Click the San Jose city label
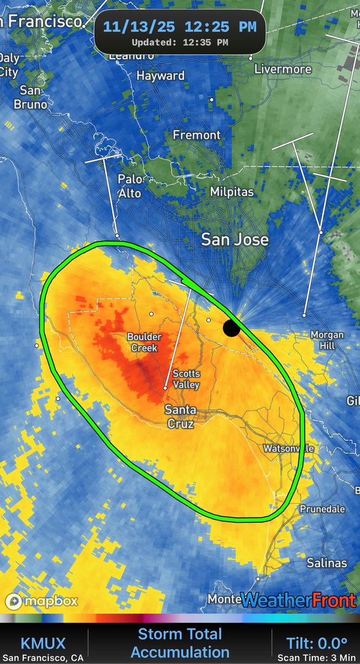point(235,239)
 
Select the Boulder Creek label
point(144,342)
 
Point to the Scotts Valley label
point(186,379)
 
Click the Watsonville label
point(288,448)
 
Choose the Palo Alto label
point(130,186)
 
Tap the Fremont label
point(197,135)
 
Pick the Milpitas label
point(232,192)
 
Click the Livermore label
point(282,69)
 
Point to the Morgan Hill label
point(327,340)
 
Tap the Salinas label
point(327,563)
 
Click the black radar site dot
point(232,328)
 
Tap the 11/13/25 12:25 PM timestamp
point(179,27)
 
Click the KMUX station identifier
point(43,643)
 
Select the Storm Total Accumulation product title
point(179,643)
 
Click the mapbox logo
point(42,600)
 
